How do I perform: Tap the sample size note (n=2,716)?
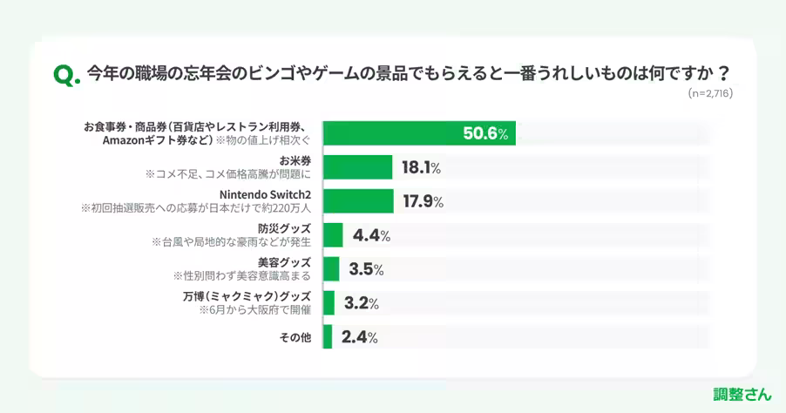tap(709, 92)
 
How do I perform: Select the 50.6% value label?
tap(485, 133)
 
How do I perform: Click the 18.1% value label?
tap(421, 167)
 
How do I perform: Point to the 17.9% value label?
tap(423, 201)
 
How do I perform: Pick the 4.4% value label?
tap(371, 235)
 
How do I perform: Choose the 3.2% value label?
tap(361, 303)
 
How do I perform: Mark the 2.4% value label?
tap(359, 337)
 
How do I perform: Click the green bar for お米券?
tap(358, 167)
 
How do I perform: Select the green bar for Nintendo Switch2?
tap(358, 201)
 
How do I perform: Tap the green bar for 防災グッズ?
tap(333, 235)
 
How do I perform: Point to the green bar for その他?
tap(328, 337)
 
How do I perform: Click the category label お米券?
tap(295, 160)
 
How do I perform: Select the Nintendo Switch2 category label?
tap(265, 194)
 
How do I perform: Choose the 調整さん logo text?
tap(742, 394)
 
